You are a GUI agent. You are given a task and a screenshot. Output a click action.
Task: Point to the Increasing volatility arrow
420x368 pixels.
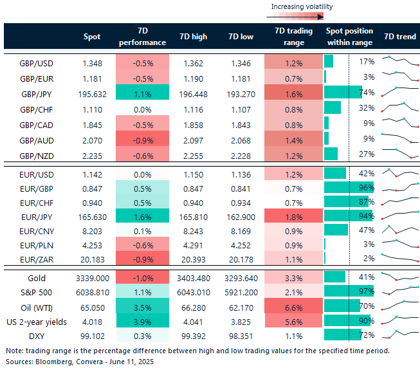click(x=299, y=17)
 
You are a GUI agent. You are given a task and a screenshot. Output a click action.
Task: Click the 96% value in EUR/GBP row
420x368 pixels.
click(x=367, y=187)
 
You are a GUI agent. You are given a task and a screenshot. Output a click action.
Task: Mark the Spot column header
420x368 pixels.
click(x=92, y=37)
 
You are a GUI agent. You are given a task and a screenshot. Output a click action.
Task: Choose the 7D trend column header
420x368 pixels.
click(x=399, y=37)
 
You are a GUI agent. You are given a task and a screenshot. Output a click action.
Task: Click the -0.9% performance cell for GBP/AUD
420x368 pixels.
click(x=142, y=138)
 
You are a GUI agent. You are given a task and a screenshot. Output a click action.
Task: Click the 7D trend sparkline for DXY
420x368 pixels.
click(x=397, y=334)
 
